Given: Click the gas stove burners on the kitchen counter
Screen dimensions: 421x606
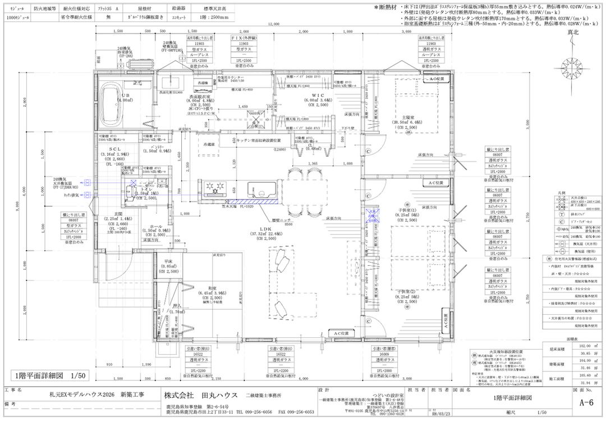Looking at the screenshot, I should (x=213, y=187).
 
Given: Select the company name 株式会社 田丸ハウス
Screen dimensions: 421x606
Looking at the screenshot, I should (x=201, y=395).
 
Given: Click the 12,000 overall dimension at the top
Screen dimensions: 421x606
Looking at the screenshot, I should (x=273, y=25).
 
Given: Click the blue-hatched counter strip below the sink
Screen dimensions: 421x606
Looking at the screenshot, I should (x=254, y=201).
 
